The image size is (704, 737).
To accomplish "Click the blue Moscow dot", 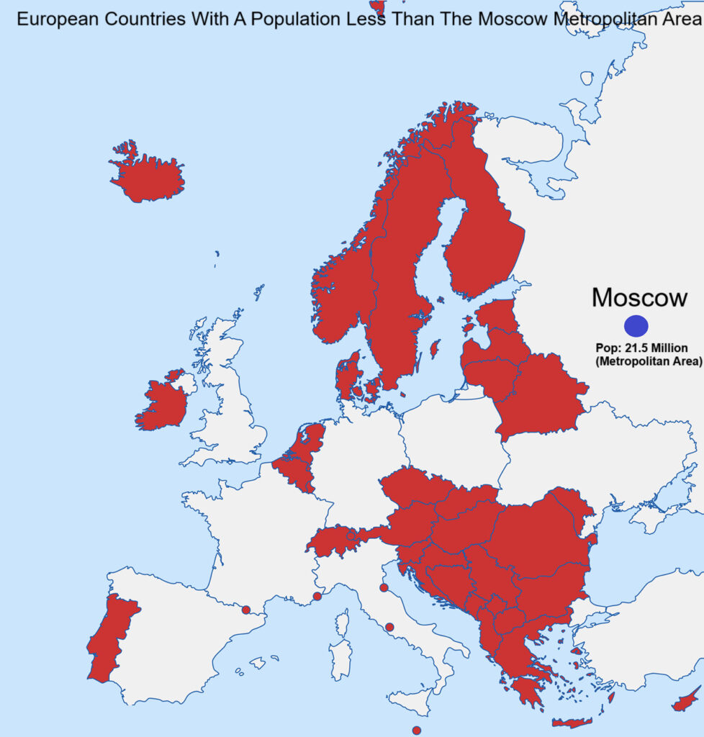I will click(x=636, y=326).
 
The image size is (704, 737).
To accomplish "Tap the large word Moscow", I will click(x=639, y=298).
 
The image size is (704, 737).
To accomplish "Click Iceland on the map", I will click(x=148, y=177).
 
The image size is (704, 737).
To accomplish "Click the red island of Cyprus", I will click(x=685, y=699).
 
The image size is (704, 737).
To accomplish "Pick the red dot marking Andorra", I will click(x=245, y=610).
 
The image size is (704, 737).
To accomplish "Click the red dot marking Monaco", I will click(x=317, y=596).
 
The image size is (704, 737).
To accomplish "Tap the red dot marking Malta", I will click(x=416, y=730).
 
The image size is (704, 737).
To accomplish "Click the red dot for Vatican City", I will click(x=389, y=627).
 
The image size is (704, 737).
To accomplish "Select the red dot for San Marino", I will click(x=383, y=588).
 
